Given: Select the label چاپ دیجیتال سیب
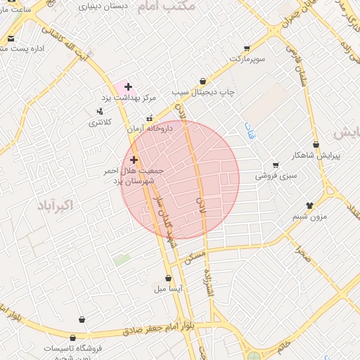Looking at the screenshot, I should (203, 92).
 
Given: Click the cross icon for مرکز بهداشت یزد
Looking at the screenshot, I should (128, 86).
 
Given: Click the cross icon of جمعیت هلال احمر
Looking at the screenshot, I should (134, 160).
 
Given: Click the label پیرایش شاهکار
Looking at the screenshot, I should (316, 155).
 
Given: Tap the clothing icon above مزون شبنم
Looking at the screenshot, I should (309, 206).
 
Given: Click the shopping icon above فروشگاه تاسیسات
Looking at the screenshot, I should (82, 320).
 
